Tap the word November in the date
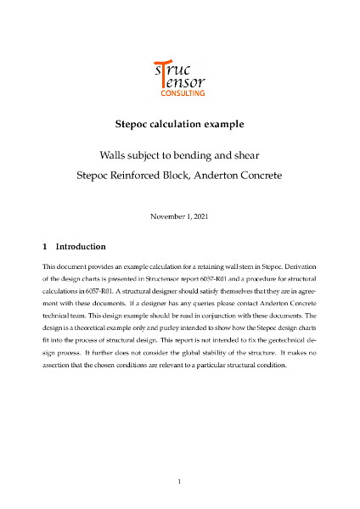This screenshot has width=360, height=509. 170,216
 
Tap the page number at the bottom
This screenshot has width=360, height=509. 180,481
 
